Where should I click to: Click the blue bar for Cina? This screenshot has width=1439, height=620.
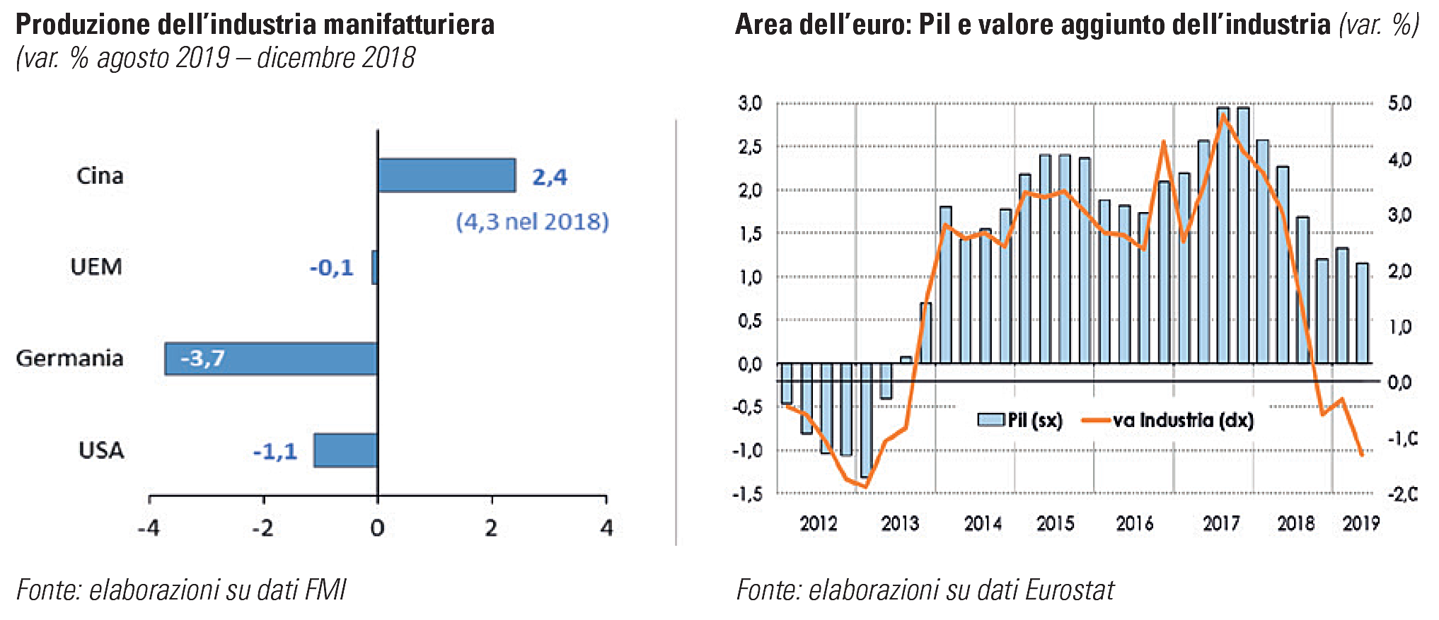tap(446, 175)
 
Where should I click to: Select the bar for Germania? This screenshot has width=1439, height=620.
tap(271, 358)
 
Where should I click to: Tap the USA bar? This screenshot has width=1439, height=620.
tap(345, 450)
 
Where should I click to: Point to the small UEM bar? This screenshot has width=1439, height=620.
tap(374, 267)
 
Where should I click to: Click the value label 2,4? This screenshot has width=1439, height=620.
tap(550, 177)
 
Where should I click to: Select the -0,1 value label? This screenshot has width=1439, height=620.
tap(331, 268)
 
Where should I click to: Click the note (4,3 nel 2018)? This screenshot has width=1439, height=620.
tap(532, 222)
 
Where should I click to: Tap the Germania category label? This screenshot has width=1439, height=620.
tap(69, 358)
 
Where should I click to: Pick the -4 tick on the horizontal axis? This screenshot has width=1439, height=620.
tap(148, 528)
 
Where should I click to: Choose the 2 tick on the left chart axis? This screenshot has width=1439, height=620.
tap(492, 528)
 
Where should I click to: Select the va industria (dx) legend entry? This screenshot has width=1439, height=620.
tap(1168, 421)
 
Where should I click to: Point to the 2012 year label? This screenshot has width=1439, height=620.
tap(819, 524)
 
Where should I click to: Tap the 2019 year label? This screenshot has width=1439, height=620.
tap(1360, 524)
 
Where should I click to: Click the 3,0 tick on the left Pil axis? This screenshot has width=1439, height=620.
tap(750, 104)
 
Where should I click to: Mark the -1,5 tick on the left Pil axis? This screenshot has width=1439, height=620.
tap(747, 494)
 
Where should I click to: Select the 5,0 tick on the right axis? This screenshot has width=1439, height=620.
tap(1399, 104)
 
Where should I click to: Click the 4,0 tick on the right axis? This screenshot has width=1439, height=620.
tap(1399, 160)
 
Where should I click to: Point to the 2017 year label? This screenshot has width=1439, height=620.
tap(1221, 524)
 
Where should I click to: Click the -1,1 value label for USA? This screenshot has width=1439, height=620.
tap(275, 452)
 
